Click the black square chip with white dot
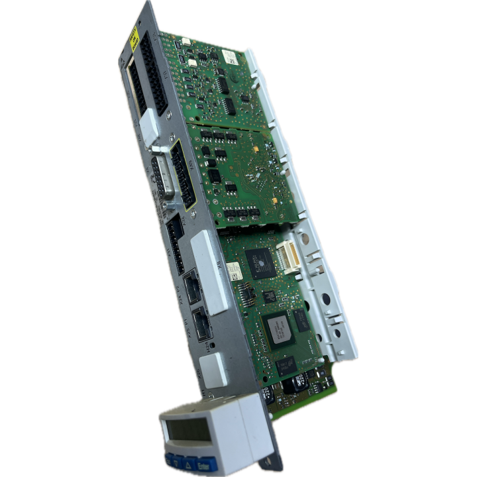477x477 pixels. pos(259,260)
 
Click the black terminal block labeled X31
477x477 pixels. pos(174,235)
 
